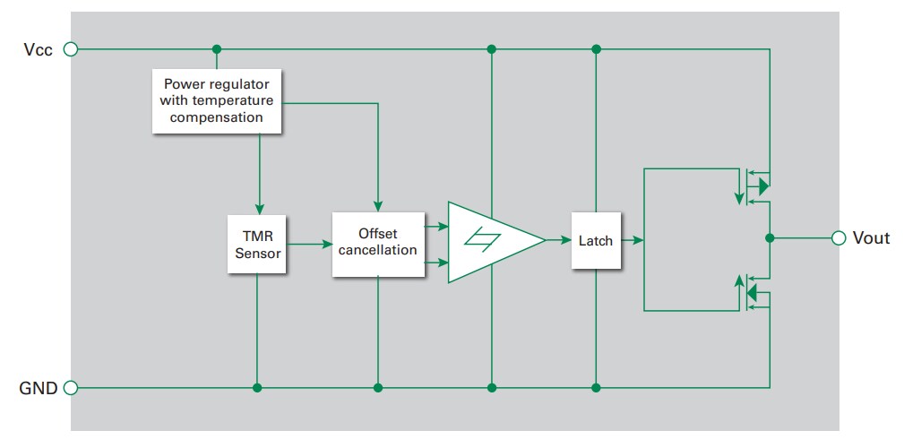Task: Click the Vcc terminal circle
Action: click(x=72, y=49)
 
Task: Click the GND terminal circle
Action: click(x=72, y=388)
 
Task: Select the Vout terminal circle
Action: click(x=839, y=238)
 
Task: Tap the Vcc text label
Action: click(x=39, y=49)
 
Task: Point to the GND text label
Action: click(x=39, y=388)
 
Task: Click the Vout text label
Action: click(x=871, y=238)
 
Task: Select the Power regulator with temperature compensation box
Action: click(x=217, y=101)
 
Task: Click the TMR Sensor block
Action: click(x=258, y=245)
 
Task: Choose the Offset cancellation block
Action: click(x=377, y=244)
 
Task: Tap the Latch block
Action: click(x=596, y=240)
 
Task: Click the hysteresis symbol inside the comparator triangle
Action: click(x=489, y=240)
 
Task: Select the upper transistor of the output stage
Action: click(x=753, y=186)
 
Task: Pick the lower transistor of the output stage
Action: click(x=753, y=292)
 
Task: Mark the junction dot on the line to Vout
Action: click(x=770, y=238)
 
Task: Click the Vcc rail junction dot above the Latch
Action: click(x=596, y=49)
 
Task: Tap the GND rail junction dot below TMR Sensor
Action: click(x=258, y=388)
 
